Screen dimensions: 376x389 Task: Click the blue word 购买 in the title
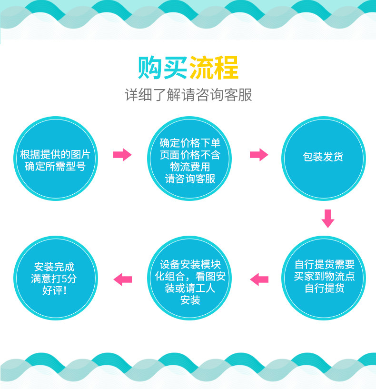pyautogui.click(x=162, y=68)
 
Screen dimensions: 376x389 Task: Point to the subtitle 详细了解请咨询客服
pyautogui.click(x=188, y=95)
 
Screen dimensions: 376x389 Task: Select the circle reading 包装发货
pyautogui.click(x=323, y=158)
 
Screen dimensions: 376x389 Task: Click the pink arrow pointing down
pyautogui.click(x=327, y=218)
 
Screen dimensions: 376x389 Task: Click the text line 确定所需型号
pyautogui.click(x=55, y=167)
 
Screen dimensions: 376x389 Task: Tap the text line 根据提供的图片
pyautogui.click(x=55, y=155)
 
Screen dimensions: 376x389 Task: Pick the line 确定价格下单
pyautogui.click(x=190, y=143)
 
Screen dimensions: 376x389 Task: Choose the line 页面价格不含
pyautogui.click(x=190, y=155)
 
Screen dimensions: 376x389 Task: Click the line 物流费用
pyautogui.click(x=190, y=167)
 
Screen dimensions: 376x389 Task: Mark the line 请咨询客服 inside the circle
pyautogui.click(x=190, y=179)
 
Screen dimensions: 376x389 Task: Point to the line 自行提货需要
pyautogui.click(x=324, y=265)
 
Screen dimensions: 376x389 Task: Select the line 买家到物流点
pyautogui.click(x=324, y=277)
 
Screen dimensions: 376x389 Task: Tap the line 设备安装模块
pyautogui.click(x=190, y=265)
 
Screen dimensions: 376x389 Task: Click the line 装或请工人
pyautogui.click(x=190, y=289)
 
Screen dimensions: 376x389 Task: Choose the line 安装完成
pyautogui.click(x=55, y=267)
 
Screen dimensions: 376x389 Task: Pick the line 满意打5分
pyautogui.click(x=55, y=279)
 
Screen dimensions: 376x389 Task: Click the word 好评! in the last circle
pyautogui.click(x=55, y=290)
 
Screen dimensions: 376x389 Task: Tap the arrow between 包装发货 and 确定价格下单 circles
pyautogui.click(x=258, y=154)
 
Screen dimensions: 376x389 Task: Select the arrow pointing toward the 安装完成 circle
pyautogui.click(x=123, y=279)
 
